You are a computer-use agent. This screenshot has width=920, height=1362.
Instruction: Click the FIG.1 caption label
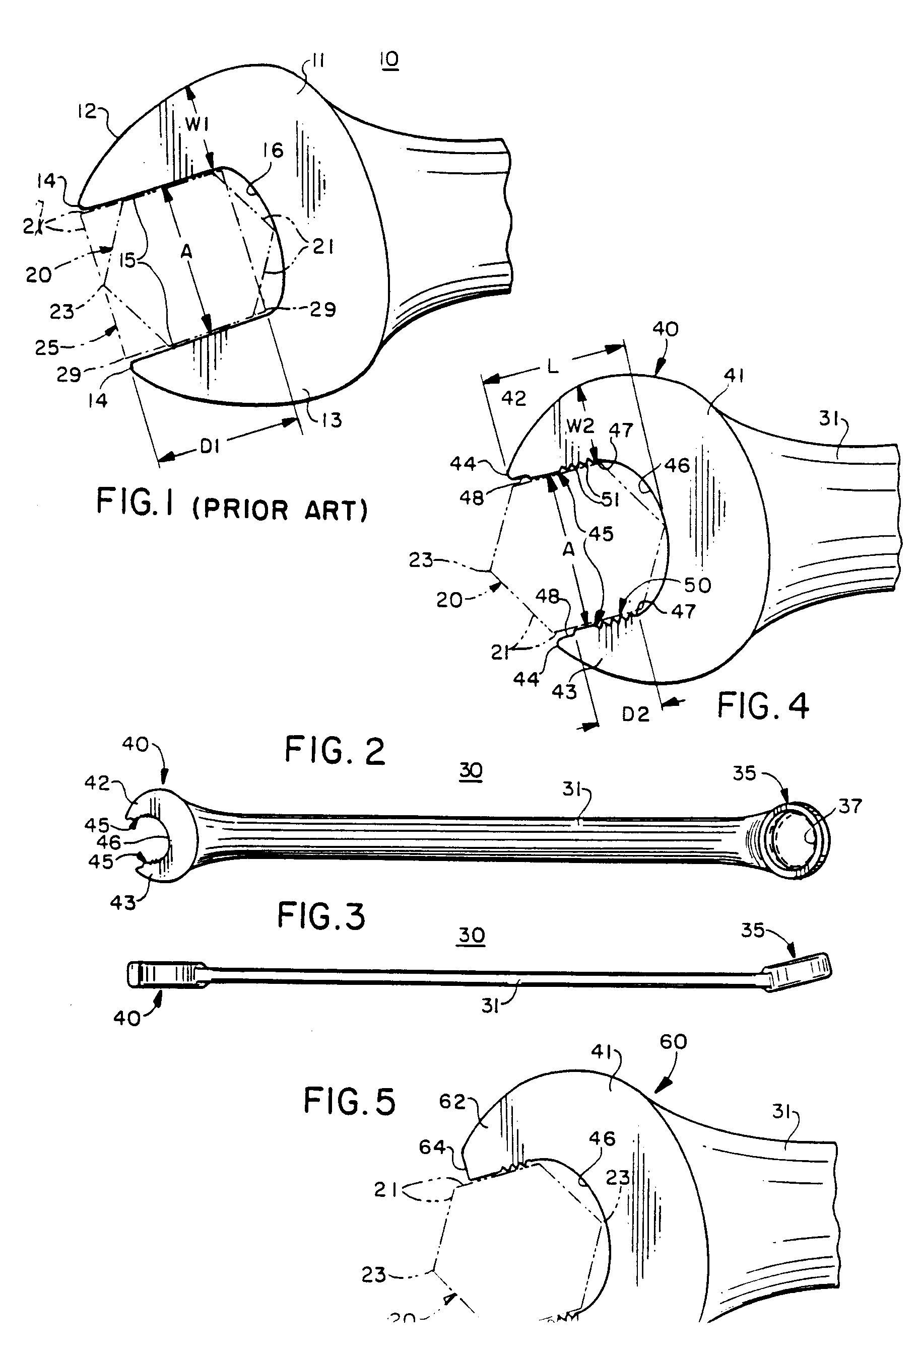136,502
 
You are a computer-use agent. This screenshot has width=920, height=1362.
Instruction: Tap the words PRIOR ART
280,510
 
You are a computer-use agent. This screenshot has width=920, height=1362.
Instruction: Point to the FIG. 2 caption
335,751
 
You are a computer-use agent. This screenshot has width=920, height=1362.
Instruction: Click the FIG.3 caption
321,916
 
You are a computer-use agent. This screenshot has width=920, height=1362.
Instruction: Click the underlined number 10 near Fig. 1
389,59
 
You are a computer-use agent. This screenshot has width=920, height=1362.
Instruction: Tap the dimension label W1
198,124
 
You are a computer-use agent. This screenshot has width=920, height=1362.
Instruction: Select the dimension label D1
209,447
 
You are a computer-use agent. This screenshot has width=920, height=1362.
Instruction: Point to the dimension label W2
580,425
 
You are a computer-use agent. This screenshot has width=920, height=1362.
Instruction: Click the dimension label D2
636,714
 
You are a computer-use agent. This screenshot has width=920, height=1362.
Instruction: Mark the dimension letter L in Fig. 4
552,367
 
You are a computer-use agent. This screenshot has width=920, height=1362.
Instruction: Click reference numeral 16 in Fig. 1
273,151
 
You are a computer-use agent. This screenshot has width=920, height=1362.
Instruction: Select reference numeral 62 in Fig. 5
452,1102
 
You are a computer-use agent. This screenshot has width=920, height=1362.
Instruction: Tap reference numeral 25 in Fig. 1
46,347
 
